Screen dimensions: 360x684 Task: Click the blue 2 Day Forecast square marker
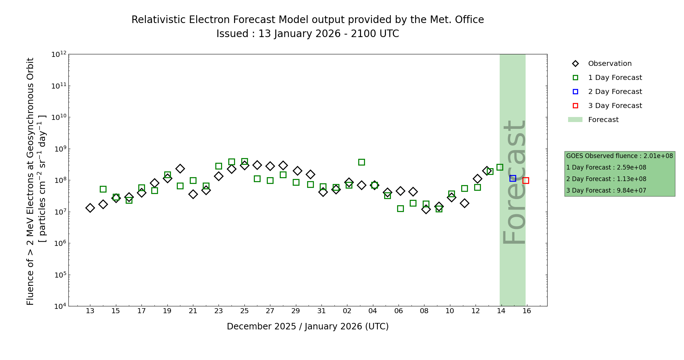(513, 178)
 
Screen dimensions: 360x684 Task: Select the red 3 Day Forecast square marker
(526, 180)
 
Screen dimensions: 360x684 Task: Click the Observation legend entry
(609, 64)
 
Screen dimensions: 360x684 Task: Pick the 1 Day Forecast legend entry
(615, 78)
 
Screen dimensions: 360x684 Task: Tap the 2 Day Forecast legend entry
(615, 92)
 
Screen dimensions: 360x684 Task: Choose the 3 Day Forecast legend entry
(615, 106)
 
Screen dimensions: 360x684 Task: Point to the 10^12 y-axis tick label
(59, 54)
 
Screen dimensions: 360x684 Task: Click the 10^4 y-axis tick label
(59, 306)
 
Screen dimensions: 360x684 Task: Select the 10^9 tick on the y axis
(59, 149)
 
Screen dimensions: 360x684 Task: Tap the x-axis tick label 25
(244, 311)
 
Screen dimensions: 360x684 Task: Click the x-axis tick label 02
(347, 311)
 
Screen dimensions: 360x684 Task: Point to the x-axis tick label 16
(527, 311)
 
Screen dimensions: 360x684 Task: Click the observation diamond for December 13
(90, 208)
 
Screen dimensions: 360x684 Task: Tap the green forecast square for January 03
(361, 162)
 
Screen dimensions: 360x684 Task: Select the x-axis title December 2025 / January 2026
(307, 327)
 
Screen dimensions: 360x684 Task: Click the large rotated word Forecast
(514, 182)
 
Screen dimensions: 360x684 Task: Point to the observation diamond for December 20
(180, 168)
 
